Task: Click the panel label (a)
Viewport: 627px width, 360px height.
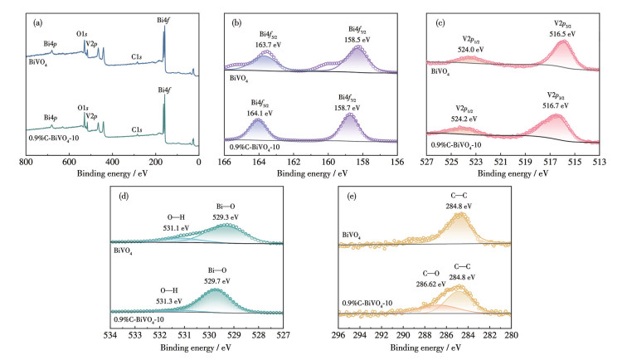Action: coord(38,22)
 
